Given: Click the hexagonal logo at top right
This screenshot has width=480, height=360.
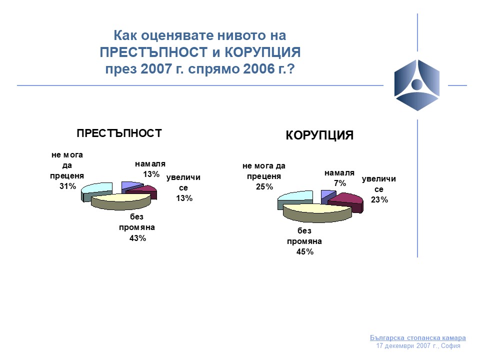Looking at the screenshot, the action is click(417, 85).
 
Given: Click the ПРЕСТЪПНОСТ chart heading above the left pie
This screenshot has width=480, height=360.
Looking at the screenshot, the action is click(119, 133).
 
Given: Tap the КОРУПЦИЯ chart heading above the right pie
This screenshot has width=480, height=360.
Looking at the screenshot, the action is click(319, 135).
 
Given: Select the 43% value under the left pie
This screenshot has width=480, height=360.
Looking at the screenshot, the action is click(138, 238).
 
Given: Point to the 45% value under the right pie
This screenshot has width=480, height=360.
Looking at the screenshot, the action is click(305, 252).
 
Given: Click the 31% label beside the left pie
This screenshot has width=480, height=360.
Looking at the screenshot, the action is click(67, 186).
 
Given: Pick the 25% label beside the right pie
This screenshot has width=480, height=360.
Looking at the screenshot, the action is click(264, 186).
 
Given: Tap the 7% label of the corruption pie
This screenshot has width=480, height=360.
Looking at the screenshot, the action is click(340, 183).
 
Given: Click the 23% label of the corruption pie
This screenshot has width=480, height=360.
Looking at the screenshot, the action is click(379, 200).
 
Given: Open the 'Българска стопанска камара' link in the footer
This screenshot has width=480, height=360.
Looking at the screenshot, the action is click(418, 337).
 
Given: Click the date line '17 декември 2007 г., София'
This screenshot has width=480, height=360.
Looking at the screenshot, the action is click(418, 346).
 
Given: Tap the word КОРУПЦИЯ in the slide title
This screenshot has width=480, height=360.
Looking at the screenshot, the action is click(262, 52).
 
